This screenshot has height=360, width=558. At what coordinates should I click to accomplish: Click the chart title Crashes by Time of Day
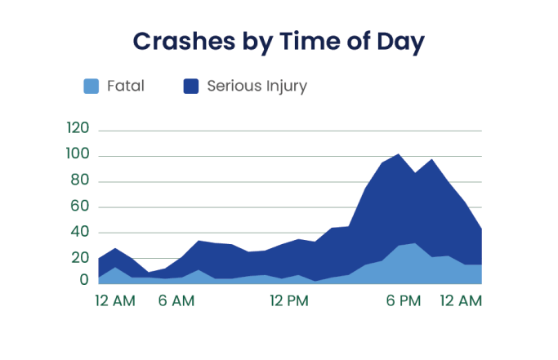[x=279, y=42]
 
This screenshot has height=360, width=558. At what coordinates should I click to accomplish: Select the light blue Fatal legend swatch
[x=92, y=86]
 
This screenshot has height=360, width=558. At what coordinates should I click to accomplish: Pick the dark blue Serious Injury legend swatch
[x=191, y=86]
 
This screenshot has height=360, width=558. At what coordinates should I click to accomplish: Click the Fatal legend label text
[x=125, y=86]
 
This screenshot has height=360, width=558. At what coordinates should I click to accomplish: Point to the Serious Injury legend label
[x=257, y=86]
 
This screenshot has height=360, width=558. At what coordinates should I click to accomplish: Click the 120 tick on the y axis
[x=77, y=128]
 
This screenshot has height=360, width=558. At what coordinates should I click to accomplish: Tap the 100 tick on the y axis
[x=77, y=154]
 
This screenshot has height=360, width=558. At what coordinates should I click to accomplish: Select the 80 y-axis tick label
[x=80, y=180]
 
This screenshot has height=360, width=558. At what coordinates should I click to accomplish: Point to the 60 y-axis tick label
[x=80, y=207]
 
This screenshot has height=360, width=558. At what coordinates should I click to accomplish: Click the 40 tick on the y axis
[x=80, y=233]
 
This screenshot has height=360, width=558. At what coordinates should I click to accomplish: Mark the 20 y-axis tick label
[x=80, y=258]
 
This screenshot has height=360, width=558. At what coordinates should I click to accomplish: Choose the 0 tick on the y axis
[x=84, y=280]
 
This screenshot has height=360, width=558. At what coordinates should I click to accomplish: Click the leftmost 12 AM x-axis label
[x=115, y=301]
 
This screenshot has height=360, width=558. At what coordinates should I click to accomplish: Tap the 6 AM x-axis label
[x=176, y=301]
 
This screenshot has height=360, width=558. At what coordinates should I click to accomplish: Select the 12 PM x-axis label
[x=289, y=301]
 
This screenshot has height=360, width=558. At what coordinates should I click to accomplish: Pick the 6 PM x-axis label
[x=404, y=301]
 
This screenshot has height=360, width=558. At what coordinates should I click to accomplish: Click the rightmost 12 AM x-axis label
[x=462, y=301]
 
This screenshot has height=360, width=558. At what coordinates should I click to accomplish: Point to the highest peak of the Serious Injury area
[x=398, y=154]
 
